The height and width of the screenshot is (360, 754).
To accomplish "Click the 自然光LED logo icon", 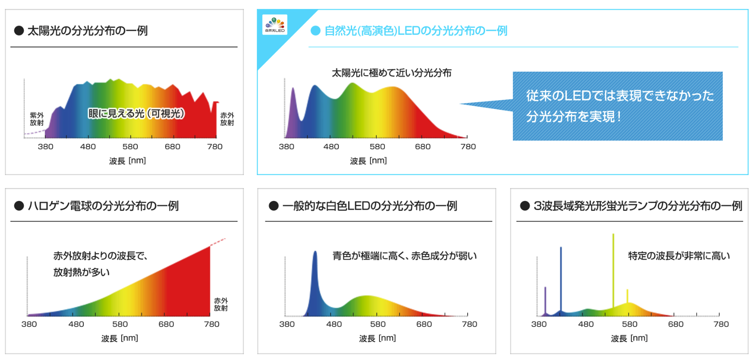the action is tap(275, 25).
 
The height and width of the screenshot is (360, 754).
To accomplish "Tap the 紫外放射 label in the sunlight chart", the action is tap(37, 119).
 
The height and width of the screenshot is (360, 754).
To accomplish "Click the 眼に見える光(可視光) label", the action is tap(136, 113).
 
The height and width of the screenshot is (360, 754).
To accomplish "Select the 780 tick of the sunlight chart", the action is tap(215, 146).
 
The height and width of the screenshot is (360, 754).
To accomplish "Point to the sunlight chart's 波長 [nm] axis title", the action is tap(128, 161).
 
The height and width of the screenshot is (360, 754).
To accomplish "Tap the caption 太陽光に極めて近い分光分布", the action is tap(392, 73).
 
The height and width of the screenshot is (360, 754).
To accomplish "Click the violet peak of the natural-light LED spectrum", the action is tap(293, 89).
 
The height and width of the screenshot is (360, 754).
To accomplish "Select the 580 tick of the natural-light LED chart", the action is tap(377, 146).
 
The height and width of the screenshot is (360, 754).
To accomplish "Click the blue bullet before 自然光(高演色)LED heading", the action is tap(315, 30).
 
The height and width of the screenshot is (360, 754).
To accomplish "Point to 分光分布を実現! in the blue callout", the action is tap(574, 116).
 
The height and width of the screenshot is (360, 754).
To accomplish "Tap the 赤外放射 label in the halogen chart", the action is tap(221, 304).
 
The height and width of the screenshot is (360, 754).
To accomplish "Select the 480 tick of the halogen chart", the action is tap(76, 324).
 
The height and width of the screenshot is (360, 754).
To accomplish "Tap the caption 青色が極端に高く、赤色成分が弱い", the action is tap(405, 256).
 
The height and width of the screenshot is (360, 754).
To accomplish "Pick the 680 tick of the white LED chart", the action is tap(424, 324).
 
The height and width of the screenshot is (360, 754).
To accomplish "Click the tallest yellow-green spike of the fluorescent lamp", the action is tap(613, 270).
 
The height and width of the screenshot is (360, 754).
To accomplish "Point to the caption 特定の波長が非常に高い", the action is tap(679, 256).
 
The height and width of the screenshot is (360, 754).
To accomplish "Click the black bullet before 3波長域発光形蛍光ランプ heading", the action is tap(525, 206).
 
